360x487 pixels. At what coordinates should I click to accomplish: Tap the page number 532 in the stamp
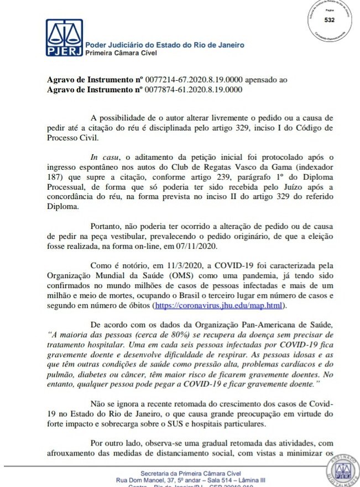click(330, 20)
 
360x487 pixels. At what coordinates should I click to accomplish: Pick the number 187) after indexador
click(55, 179)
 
